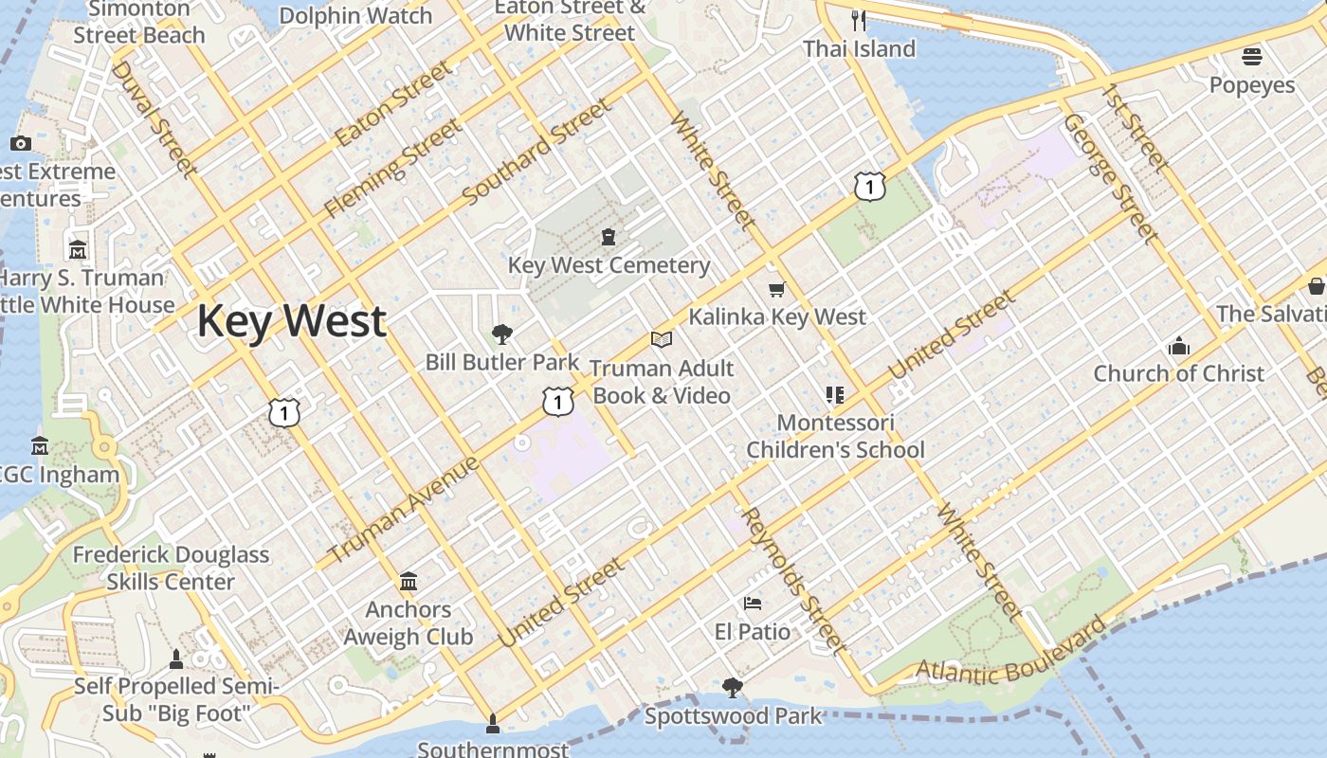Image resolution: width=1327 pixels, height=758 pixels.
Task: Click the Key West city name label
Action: point(291,321)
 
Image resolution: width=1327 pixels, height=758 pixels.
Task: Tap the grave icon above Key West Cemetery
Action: point(608,236)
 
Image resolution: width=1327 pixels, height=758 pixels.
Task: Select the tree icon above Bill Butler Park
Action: point(501,334)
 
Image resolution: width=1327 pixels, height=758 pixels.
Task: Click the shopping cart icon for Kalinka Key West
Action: point(777,289)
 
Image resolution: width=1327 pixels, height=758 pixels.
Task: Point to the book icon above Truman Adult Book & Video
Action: point(661,339)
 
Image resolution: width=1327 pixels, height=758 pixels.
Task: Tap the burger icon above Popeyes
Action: point(1252,57)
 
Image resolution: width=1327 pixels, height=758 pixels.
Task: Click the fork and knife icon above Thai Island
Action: point(859,20)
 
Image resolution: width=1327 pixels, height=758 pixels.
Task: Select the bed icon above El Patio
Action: point(753,603)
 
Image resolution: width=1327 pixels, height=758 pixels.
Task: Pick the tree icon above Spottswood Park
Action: point(732,687)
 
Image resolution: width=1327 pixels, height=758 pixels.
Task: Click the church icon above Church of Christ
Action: point(1179,346)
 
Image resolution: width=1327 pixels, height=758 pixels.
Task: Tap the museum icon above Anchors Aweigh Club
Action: point(409,581)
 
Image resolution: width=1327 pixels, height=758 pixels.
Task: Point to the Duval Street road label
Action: point(155,118)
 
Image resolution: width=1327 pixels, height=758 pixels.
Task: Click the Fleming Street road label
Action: point(392,168)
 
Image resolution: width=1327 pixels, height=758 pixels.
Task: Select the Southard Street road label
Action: point(537,152)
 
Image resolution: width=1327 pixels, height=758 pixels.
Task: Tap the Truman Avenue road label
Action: point(404,510)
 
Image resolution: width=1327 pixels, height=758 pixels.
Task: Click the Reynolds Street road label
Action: point(793,580)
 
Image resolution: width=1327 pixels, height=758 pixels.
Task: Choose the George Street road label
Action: point(1110,178)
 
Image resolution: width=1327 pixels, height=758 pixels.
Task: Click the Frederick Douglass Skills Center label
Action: point(172,568)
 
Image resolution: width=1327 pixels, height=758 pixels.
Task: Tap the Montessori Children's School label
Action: point(835,435)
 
